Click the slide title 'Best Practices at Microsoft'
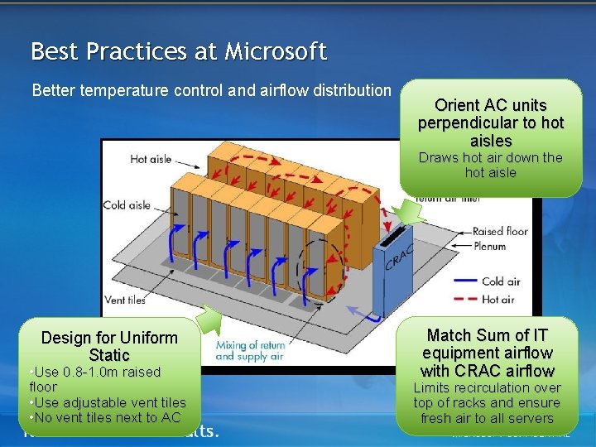point(179,51)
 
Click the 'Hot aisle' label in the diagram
point(151,159)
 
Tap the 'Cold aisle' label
point(127,204)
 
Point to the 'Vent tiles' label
point(125,300)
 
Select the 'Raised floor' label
point(499,232)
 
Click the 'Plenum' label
point(489,246)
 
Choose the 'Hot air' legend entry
point(497,300)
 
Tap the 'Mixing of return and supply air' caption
point(248,350)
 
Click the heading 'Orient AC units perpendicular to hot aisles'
point(490,123)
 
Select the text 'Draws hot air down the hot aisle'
point(490,165)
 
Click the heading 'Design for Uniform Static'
point(109,346)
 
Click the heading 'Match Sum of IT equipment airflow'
point(487,353)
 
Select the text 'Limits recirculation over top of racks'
point(487,395)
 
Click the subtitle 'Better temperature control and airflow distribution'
point(211,89)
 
